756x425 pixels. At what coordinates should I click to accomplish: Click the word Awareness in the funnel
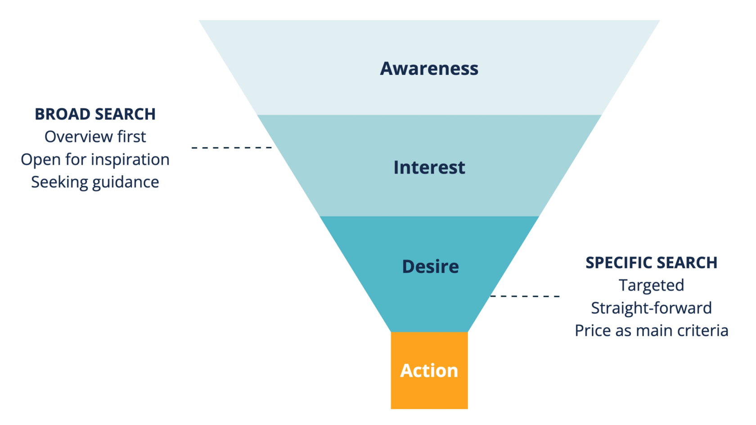[x=429, y=69]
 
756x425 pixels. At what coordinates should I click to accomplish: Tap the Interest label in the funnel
[x=429, y=167]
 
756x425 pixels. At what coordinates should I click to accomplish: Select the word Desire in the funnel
[x=430, y=266]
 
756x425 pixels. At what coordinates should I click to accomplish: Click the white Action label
[x=429, y=370]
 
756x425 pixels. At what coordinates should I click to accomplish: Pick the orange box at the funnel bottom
[x=429, y=370]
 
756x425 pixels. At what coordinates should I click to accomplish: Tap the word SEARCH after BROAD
[x=123, y=114]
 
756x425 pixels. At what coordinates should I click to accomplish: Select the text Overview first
[x=95, y=137]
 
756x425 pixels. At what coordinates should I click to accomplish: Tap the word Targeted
[x=652, y=285]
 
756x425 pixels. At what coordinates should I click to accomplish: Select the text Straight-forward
[x=652, y=308]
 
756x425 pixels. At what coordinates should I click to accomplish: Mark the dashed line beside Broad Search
[x=231, y=147]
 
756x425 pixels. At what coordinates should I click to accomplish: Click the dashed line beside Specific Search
[x=525, y=296]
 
